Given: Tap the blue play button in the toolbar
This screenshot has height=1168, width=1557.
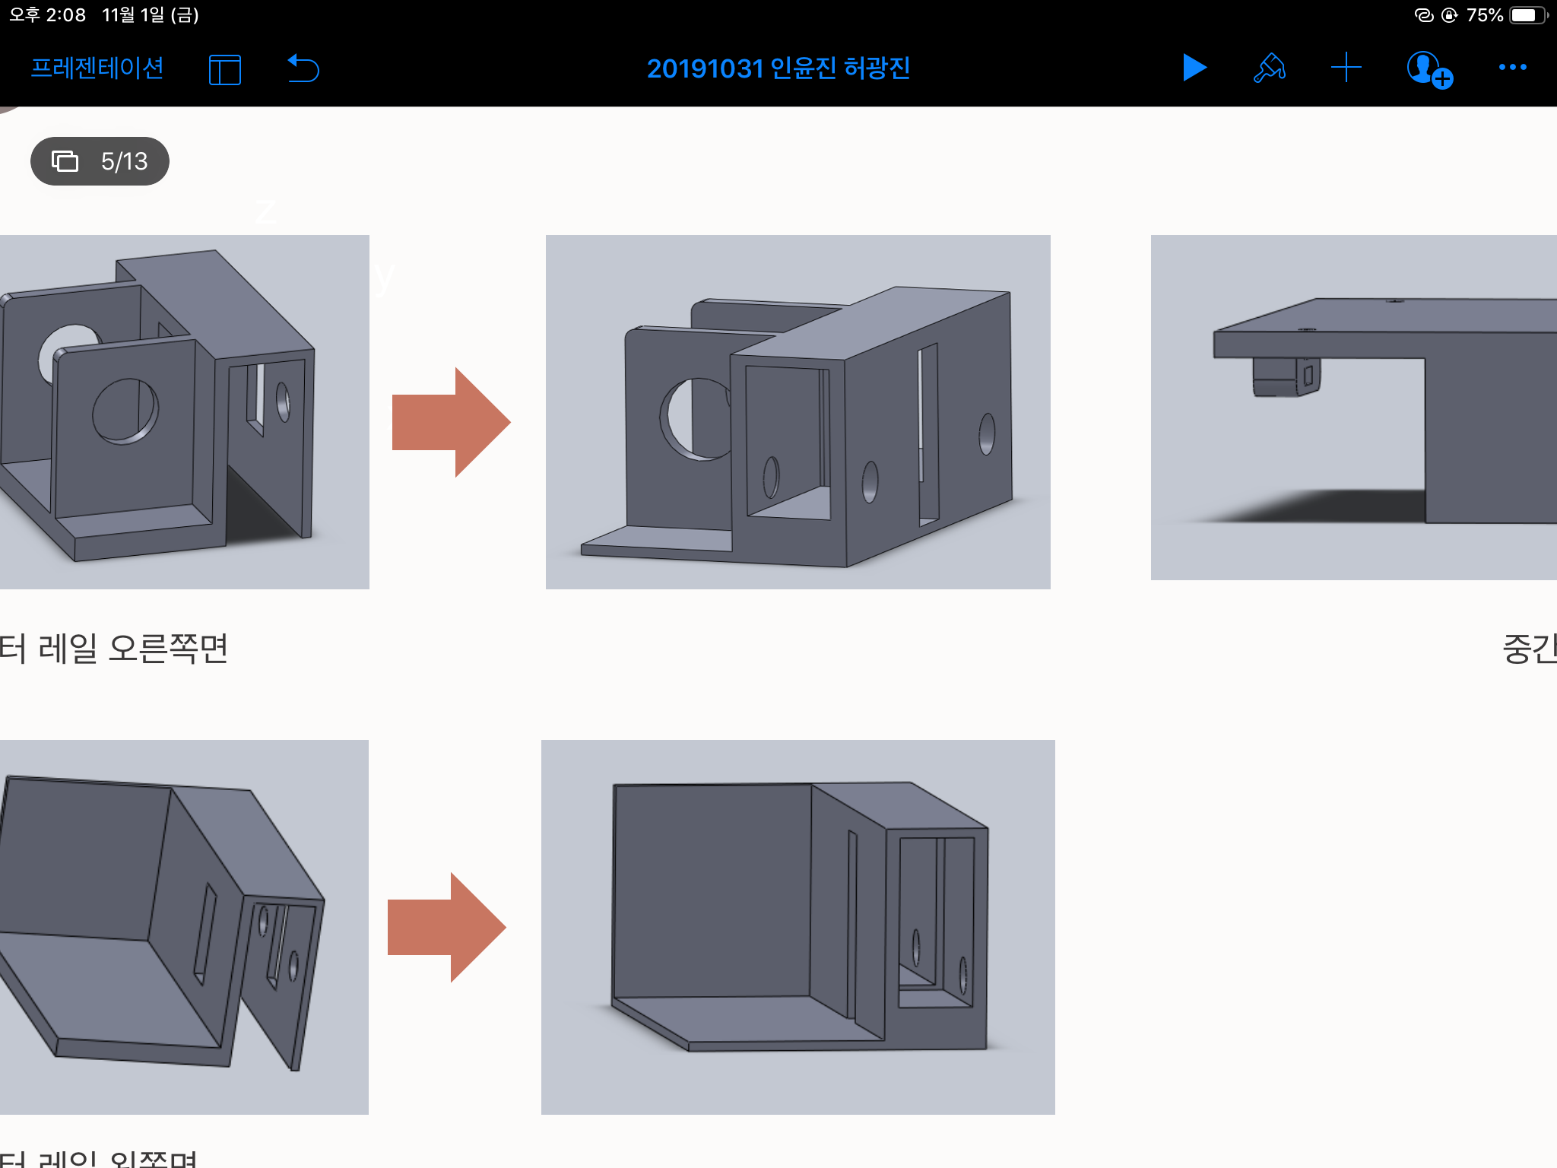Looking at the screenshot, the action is [1194, 68].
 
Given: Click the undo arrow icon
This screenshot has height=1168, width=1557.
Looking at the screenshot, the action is [303, 68].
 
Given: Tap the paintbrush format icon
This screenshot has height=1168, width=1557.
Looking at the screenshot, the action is [1269, 68].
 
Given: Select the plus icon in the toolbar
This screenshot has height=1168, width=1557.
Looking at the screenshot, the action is [1346, 68].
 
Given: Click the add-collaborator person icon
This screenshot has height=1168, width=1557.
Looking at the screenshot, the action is [1429, 70].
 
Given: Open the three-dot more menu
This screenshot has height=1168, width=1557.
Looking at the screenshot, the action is [1512, 68].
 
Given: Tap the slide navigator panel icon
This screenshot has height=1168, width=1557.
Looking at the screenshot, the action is [224, 70].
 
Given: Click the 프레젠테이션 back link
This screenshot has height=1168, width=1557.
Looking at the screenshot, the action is [97, 68].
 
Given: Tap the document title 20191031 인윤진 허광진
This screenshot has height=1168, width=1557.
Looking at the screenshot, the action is [778, 68].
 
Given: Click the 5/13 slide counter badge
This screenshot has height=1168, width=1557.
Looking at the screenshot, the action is [100, 161].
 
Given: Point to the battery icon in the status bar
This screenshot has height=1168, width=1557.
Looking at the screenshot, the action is [1527, 15].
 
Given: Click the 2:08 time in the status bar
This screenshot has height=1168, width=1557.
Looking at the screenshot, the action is [65, 15].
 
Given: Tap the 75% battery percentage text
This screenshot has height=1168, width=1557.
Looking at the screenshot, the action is [1484, 15].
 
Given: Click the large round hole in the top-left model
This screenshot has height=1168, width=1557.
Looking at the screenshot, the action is [125, 411].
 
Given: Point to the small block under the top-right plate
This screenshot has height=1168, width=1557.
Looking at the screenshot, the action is [1286, 376].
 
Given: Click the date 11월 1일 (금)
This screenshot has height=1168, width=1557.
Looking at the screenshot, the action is [151, 15].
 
